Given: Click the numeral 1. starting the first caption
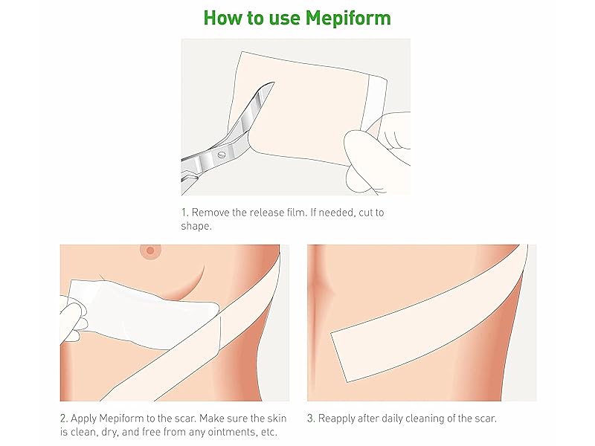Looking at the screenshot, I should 184,213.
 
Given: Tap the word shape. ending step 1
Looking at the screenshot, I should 196,227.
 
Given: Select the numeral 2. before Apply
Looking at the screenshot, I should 63,418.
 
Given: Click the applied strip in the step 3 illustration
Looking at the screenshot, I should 424,312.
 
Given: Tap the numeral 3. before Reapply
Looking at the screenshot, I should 311,418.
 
